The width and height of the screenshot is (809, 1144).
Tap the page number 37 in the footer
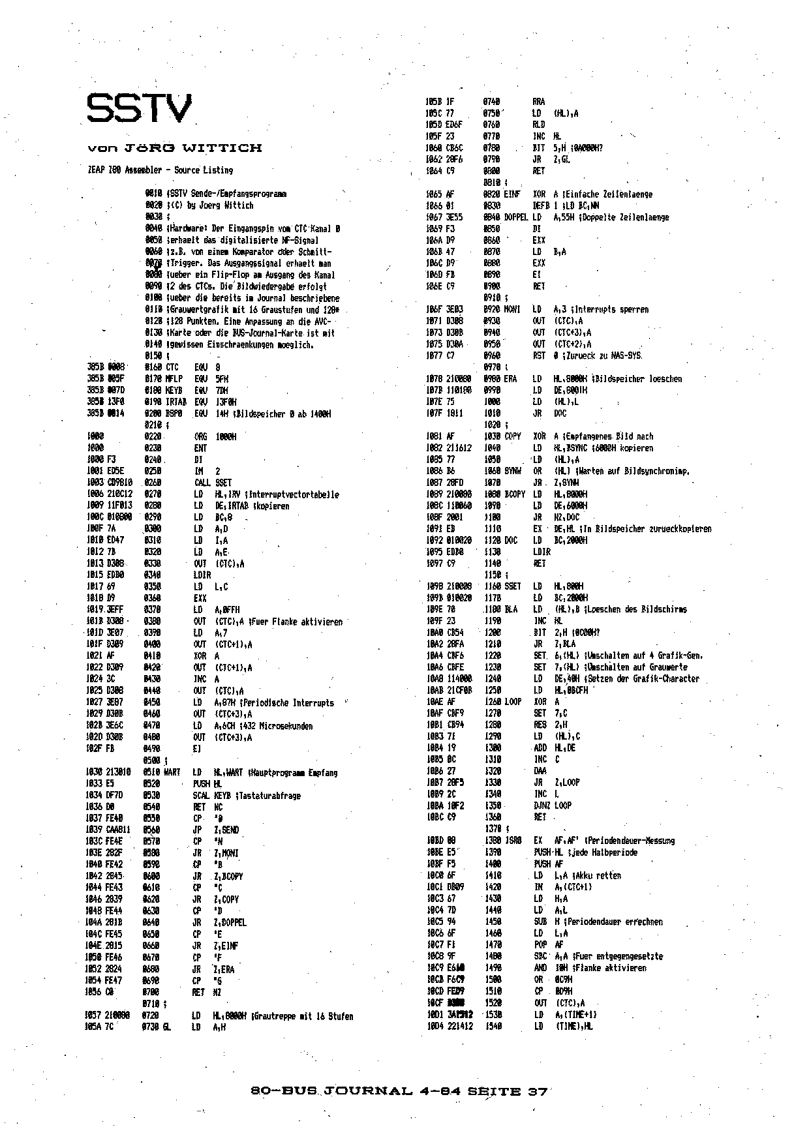(x=536, y=1091)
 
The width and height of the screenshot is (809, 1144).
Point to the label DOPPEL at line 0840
(x=516, y=217)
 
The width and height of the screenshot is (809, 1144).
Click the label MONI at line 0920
(x=513, y=309)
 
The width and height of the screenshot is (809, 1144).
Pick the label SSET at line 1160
(x=513, y=586)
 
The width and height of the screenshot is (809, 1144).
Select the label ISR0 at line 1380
(x=513, y=841)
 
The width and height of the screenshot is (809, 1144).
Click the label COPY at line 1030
(x=513, y=436)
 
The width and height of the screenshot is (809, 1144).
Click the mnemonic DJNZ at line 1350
(x=542, y=805)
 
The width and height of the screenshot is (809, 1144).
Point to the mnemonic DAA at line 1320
(x=540, y=770)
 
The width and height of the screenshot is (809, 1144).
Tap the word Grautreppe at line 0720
(x=279, y=1016)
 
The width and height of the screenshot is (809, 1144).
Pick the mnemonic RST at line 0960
(x=538, y=355)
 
